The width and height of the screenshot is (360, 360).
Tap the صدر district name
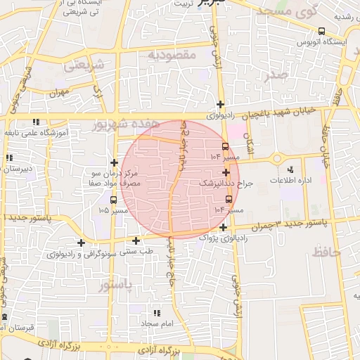click(276, 76)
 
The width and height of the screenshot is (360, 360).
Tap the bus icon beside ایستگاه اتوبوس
click(321, 31)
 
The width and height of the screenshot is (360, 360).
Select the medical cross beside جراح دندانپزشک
click(226, 172)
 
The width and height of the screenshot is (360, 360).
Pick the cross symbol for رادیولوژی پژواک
click(223, 227)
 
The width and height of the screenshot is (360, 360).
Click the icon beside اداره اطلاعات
click(290, 169)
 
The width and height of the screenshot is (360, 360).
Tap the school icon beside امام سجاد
click(156, 312)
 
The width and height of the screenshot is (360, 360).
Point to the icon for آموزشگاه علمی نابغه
click(36, 122)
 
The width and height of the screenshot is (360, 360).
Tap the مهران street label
click(60, 92)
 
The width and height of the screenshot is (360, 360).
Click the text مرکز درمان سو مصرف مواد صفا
click(116, 178)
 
